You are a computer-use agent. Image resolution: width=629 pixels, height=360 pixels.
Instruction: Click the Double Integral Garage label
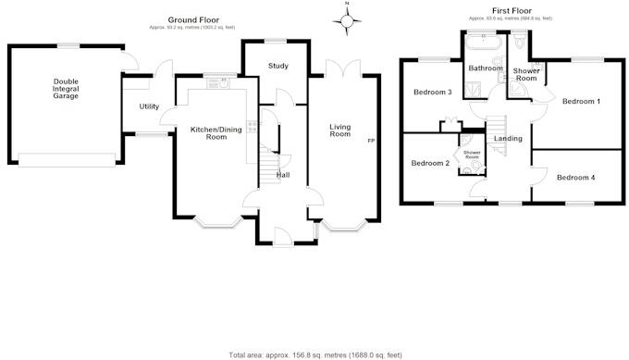66,88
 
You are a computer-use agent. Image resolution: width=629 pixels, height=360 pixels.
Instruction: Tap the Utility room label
149,107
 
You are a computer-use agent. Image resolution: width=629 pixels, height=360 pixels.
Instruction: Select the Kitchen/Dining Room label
216,132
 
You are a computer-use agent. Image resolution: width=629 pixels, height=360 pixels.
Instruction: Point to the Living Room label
340,130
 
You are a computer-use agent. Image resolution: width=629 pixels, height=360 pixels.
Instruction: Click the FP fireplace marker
371,140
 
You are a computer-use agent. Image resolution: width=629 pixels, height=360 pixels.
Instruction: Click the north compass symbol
347,21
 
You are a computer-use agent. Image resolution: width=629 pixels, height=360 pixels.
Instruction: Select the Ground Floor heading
192,19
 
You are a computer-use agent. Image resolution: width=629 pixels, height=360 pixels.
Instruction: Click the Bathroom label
486,68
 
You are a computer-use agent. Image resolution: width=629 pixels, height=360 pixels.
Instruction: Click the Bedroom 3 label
432,93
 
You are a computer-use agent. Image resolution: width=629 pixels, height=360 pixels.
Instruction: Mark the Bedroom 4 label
576,177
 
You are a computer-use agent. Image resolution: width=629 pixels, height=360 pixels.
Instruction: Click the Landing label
508,139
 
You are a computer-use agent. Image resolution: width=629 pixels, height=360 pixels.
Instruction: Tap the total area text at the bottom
314,354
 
